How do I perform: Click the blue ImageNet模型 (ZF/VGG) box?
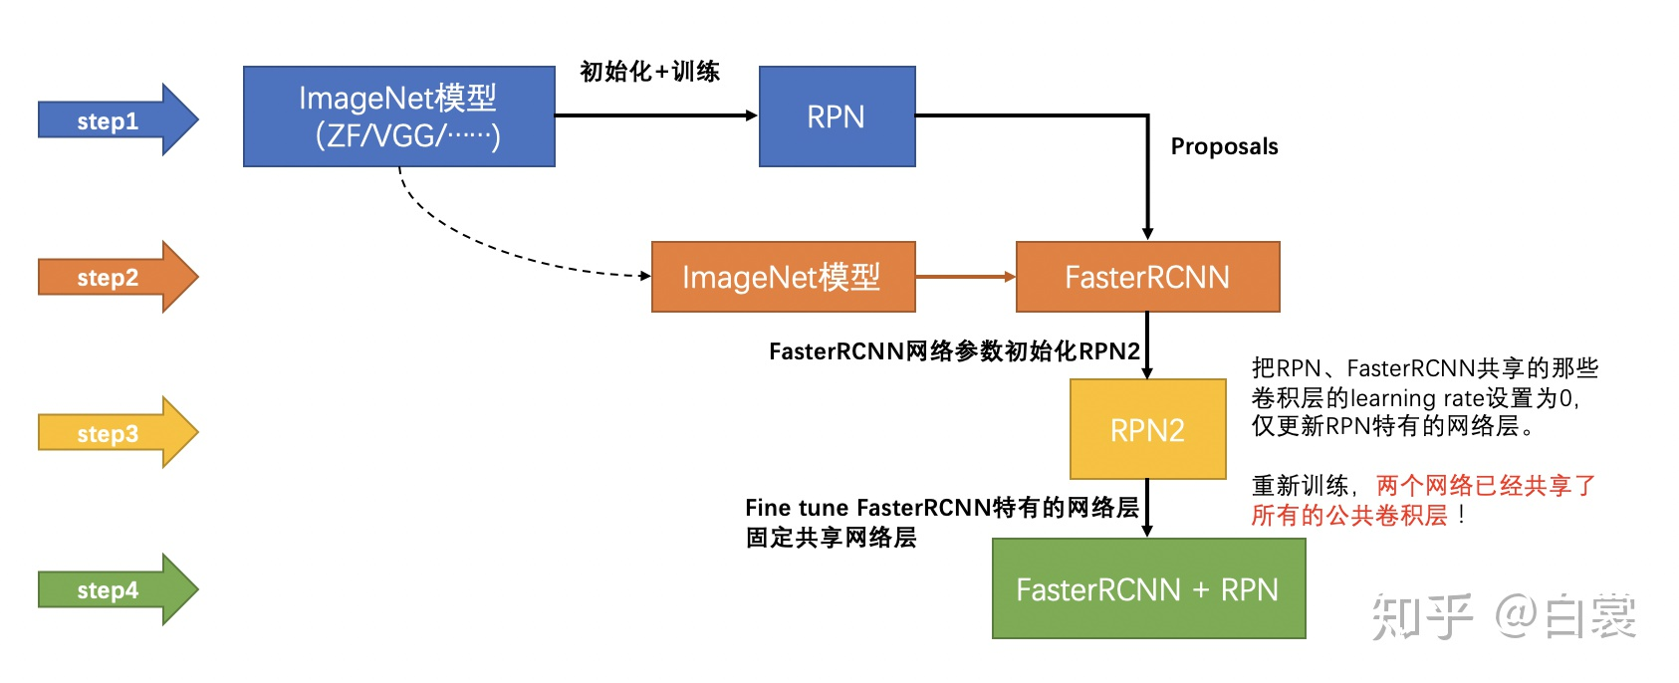[x=398, y=116]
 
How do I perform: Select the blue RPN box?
[x=837, y=116]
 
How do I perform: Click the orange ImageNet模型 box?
[x=783, y=277]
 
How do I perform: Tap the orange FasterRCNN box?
[x=1147, y=277]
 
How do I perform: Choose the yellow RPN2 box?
[x=1147, y=429]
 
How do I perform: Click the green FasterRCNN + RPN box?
[x=1148, y=589]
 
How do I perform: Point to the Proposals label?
[x=1224, y=146]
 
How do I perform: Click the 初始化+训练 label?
[x=649, y=72]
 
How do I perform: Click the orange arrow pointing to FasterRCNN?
[x=964, y=277]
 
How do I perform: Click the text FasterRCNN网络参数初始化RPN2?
[x=954, y=351]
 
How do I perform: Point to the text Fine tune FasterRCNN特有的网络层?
[x=941, y=508]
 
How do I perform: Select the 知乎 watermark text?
[x=1421, y=617]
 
